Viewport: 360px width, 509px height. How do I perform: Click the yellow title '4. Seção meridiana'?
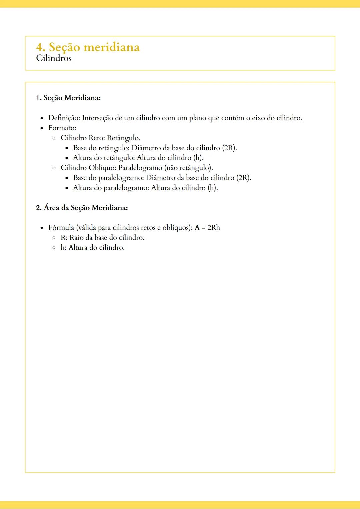tap(88, 47)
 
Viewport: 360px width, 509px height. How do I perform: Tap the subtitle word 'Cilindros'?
tap(54, 58)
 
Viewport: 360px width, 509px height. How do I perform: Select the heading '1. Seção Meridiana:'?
tap(68, 98)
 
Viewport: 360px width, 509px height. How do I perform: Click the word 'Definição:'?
tap(64, 118)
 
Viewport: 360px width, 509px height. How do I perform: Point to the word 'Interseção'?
tap(97, 118)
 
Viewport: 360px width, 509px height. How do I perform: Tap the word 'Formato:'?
tap(62, 128)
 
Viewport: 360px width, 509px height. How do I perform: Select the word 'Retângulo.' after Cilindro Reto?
tap(123, 138)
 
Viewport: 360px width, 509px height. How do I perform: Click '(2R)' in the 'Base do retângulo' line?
tap(229, 148)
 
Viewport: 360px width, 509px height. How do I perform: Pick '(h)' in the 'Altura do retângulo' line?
tap(198, 158)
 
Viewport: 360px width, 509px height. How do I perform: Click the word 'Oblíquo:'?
tap(102, 168)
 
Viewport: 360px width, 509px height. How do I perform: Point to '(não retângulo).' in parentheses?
tap(188, 168)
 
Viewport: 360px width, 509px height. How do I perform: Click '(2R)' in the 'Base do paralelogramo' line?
tap(244, 178)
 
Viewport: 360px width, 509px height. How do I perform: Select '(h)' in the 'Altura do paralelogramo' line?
tap(213, 188)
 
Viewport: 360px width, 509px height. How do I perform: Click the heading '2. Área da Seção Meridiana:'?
tap(82, 208)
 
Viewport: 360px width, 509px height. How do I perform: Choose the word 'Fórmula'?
tap(61, 228)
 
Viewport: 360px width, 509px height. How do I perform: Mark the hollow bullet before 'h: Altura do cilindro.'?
tap(54, 248)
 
